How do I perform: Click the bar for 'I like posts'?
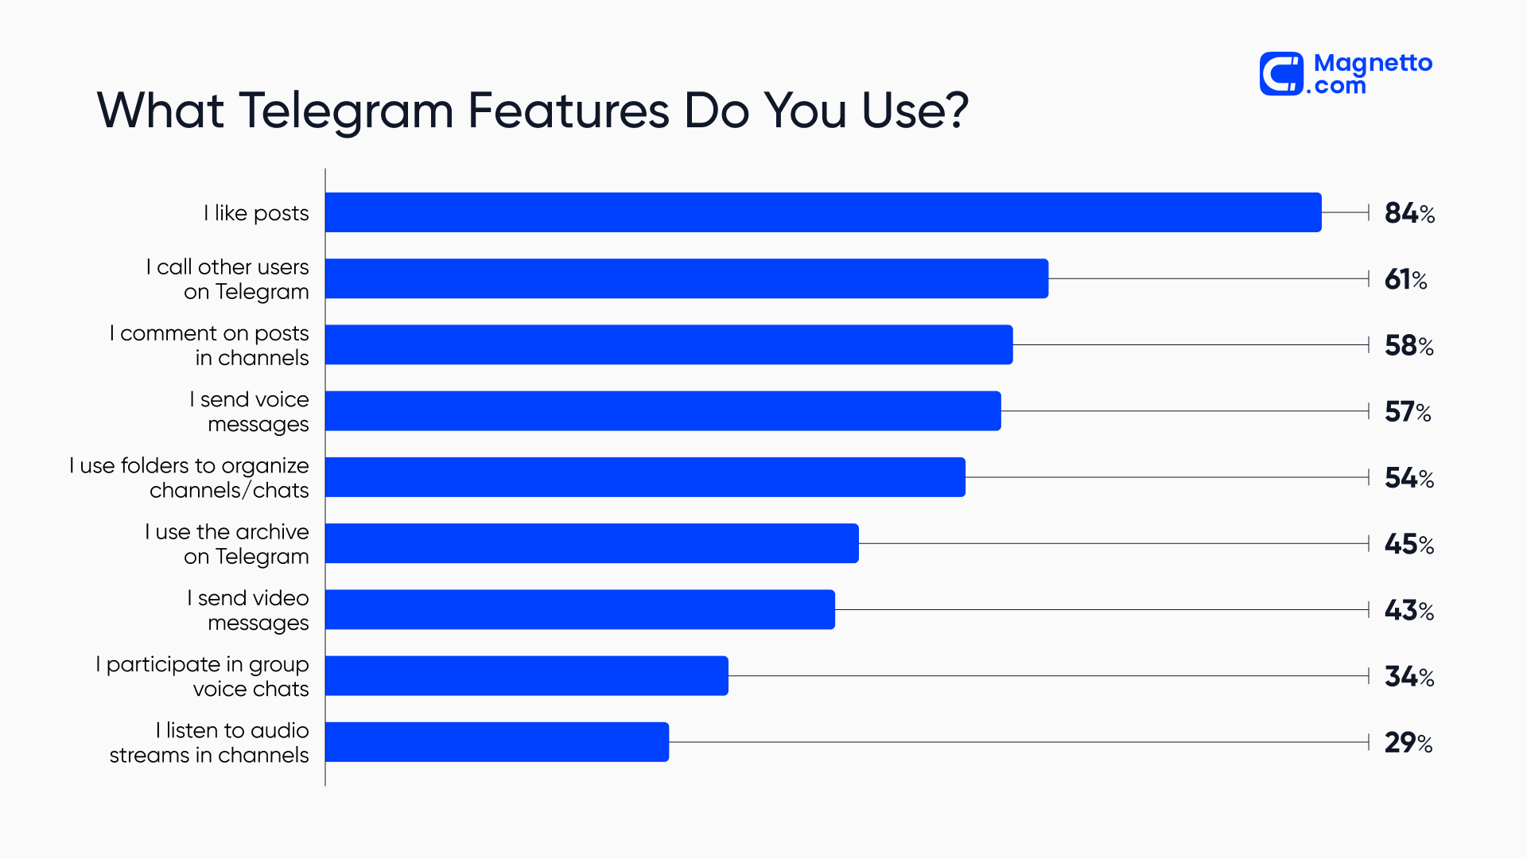pyautogui.click(x=823, y=212)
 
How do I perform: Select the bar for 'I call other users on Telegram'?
pyautogui.click(x=686, y=278)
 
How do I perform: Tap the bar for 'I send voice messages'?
pyautogui.click(x=662, y=411)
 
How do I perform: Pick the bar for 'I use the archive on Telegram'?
pyautogui.click(x=592, y=543)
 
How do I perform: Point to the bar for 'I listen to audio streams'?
pyautogui.click(x=497, y=742)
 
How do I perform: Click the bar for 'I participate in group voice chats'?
pyautogui.click(x=526, y=676)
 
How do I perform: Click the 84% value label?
pyautogui.click(x=1408, y=213)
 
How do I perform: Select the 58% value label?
pyautogui.click(x=1408, y=345)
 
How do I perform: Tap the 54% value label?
pyautogui.click(x=1408, y=478)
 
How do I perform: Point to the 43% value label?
pyautogui.click(x=1408, y=610)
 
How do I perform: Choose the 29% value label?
pyautogui.click(x=1408, y=743)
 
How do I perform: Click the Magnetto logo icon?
pyautogui.click(x=1281, y=74)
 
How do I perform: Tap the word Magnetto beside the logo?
pyautogui.click(x=1373, y=63)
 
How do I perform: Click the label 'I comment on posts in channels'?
pyautogui.click(x=209, y=345)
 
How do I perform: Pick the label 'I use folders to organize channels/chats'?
pyautogui.click(x=189, y=477)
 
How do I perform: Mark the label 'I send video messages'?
pyautogui.click(x=248, y=610)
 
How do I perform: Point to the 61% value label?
pyautogui.click(x=1405, y=279)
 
